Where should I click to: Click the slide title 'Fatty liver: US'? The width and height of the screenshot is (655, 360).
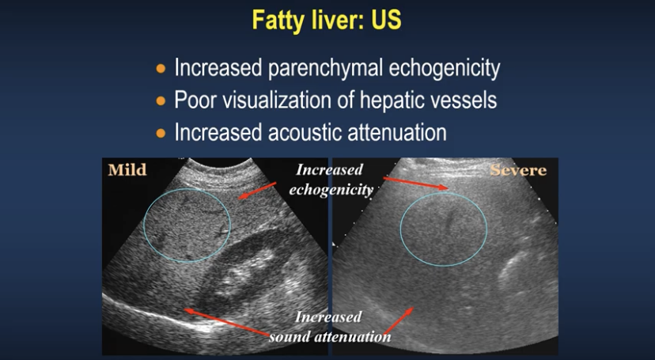click(x=327, y=20)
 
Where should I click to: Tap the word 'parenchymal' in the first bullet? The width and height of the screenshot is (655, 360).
click(x=325, y=68)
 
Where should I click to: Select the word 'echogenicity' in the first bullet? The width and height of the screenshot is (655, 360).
click(x=445, y=68)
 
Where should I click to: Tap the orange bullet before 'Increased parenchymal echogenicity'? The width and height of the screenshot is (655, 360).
click(x=161, y=69)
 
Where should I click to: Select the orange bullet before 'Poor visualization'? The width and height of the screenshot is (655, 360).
click(x=161, y=100)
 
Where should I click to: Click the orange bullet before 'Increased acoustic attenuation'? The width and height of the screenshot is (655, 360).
click(x=161, y=133)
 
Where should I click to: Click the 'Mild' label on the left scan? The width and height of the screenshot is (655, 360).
click(x=127, y=170)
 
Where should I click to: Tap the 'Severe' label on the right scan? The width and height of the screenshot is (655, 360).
click(x=518, y=170)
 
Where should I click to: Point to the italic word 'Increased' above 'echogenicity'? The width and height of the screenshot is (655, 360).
click(x=330, y=170)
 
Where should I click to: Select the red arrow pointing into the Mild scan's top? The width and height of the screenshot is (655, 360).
click(x=257, y=191)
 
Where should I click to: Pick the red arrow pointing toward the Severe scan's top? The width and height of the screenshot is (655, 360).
click(x=415, y=184)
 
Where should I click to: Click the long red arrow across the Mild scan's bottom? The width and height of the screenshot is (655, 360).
click(x=227, y=322)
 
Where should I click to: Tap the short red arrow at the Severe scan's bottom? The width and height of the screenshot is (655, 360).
click(x=398, y=320)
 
